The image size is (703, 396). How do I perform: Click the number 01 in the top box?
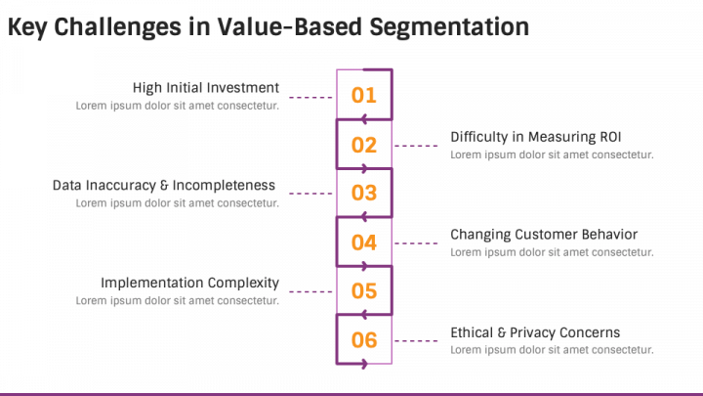363,95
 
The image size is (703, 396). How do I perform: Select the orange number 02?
363,145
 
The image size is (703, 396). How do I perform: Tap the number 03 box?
363,193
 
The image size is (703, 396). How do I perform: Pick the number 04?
363,242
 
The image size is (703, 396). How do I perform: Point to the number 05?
363,291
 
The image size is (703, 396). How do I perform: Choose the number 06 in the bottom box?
363,340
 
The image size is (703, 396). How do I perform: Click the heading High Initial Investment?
206,88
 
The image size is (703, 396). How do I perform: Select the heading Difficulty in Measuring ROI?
536,137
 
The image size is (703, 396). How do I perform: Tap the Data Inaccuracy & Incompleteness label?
164,186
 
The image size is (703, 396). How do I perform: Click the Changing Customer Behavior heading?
544,235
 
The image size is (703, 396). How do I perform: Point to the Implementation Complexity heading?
189,283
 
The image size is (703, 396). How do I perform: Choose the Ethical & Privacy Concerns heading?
535,332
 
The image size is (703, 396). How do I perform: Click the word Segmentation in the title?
449,27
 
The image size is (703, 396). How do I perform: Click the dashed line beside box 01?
310,97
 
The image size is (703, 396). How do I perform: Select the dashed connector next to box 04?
416,243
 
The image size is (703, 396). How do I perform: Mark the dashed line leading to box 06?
416,341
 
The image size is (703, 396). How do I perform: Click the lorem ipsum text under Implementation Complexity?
177,301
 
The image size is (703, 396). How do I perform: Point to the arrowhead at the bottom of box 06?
364,363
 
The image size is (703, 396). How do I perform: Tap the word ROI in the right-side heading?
610,137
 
